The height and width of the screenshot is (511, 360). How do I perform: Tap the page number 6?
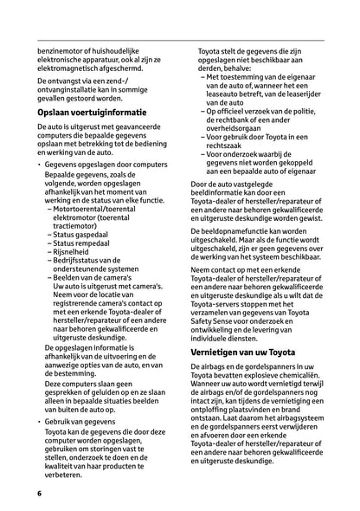click(x=40, y=493)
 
